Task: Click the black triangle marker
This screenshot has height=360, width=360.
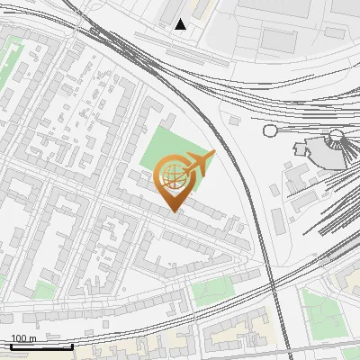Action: point(181,24)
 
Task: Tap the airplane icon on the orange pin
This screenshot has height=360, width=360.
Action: point(199,164)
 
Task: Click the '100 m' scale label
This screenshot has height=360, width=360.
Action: point(23,338)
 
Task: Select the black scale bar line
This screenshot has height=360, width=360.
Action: point(42,346)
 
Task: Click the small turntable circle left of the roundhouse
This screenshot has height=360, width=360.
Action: point(269,130)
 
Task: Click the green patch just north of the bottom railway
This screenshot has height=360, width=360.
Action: point(213,291)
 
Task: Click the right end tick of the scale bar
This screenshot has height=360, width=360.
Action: point(73,346)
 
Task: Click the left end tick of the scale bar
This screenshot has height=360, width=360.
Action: point(11,346)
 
